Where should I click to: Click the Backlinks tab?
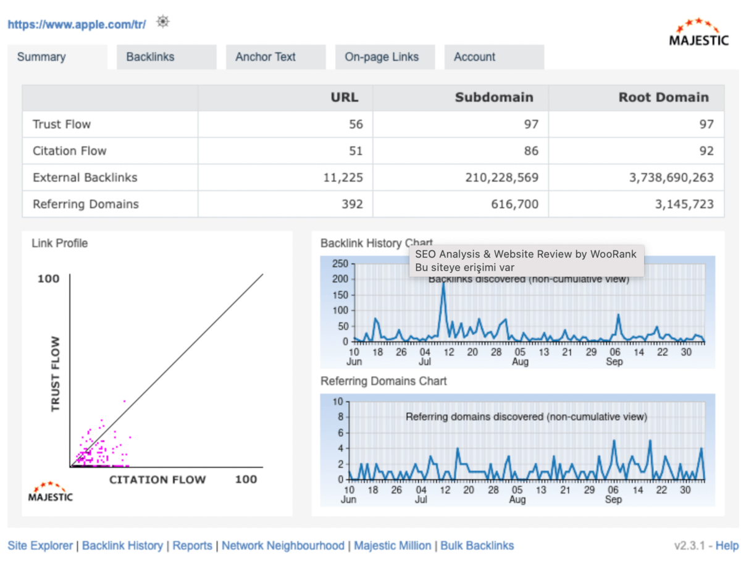coord(150,57)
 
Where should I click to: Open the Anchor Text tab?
coord(266,57)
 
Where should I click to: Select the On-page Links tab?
coord(382,57)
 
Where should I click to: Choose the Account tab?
coord(474,57)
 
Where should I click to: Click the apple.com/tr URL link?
coord(77,25)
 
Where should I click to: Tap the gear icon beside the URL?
coord(162,22)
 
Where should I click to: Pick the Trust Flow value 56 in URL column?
coord(356,124)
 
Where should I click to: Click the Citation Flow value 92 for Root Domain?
coord(706,151)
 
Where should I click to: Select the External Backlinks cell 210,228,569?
coord(501,178)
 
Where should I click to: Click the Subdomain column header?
coord(494,98)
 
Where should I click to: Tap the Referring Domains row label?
coord(86,205)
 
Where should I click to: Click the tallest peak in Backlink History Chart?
coord(443,284)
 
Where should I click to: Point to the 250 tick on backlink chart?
coord(340,264)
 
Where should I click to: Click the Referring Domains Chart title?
coord(383,381)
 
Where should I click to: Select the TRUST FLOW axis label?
coord(56,374)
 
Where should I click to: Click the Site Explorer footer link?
coord(40,546)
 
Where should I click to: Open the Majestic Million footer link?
coord(393,546)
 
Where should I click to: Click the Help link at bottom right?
coord(726,546)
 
